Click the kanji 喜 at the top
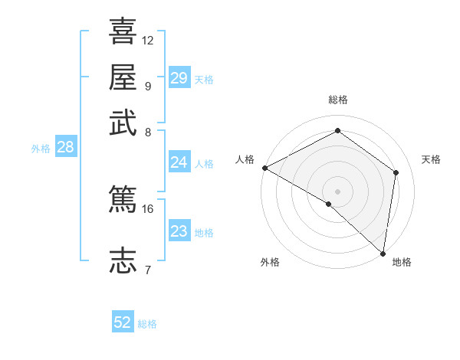[123, 31]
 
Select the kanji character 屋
[123, 77]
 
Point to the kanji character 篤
[123, 200]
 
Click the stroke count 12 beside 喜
[148, 40]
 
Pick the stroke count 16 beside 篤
[148, 208]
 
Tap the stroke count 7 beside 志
[147, 269]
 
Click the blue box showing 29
[179, 78]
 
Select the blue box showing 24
[179, 162]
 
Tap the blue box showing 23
[179, 231]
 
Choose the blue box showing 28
[65, 147]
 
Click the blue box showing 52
[123, 322]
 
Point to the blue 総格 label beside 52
[147, 324]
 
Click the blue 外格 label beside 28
[41, 149]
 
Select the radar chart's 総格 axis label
[338, 100]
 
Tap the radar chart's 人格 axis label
[245, 159]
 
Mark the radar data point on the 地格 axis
[383, 253]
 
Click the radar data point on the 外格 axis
[329, 204]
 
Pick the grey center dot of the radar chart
[338, 191]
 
